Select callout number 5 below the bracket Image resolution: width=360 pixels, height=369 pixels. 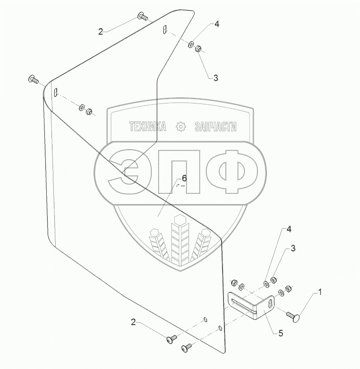280,334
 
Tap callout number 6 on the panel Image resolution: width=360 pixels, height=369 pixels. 184,178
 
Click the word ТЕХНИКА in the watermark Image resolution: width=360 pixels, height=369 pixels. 147,127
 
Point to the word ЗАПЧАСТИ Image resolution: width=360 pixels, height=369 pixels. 215,127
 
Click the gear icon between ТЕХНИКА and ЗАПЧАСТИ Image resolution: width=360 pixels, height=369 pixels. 180,127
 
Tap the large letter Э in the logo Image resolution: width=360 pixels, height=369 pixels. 124,171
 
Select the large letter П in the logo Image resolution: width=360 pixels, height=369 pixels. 180,171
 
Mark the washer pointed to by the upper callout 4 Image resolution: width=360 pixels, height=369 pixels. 192,45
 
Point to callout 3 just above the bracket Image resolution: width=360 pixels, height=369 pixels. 293,248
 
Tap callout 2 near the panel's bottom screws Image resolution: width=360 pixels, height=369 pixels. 134,322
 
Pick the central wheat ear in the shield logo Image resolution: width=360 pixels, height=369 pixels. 180,239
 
